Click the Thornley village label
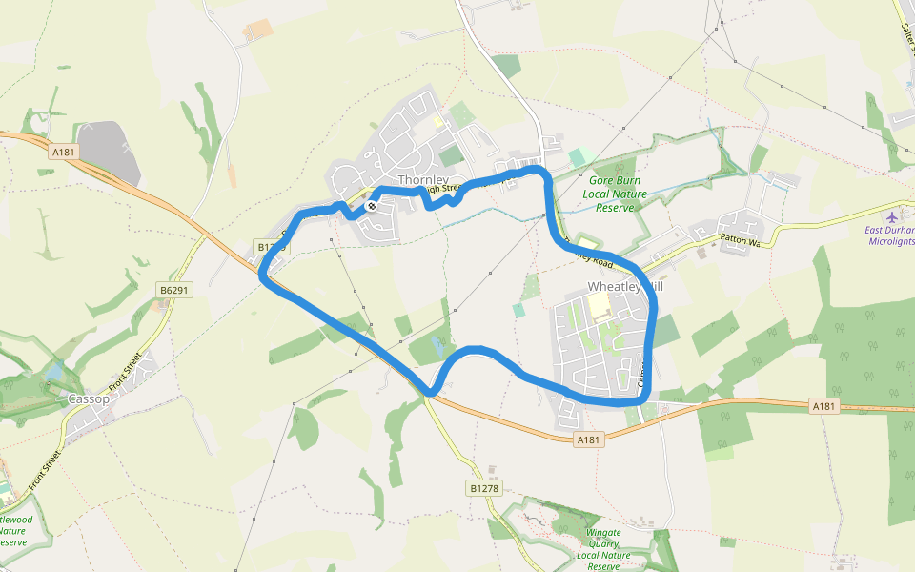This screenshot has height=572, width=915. pyautogui.click(x=422, y=179)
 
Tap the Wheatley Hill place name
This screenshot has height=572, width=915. pyautogui.click(x=624, y=286)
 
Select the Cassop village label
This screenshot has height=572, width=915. pyautogui.click(x=89, y=398)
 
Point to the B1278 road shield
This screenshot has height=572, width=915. pyautogui.click(x=483, y=488)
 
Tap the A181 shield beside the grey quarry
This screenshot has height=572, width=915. pyautogui.click(x=64, y=152)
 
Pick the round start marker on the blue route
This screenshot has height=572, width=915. pyautogui.click(x=371, y=205)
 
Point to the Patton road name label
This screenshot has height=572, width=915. pyautogui.click(x=740, y=242)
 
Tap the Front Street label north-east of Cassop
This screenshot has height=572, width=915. pyautogui.click(x=126, y=372)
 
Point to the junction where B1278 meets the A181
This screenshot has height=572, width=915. pyautogui.click(x=427, y=393)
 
